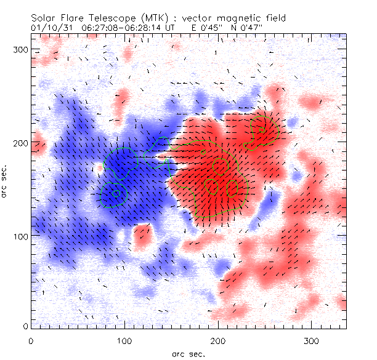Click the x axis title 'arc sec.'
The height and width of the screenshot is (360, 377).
click(x=188, y=353)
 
